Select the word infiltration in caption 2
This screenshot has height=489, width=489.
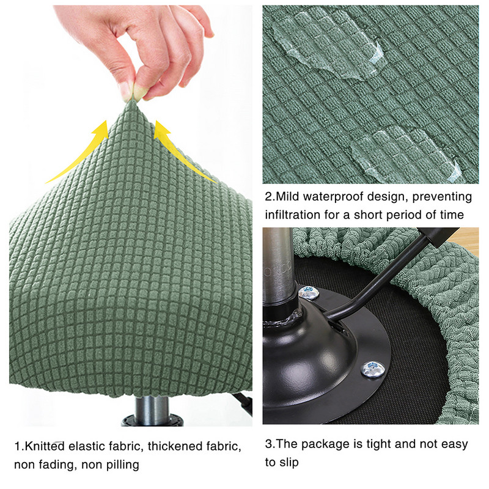pyautogui.click(x=294, y=215)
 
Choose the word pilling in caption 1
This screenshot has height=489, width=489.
pyautogui.click(x=122, y=465)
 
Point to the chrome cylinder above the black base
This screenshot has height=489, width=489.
pyautogui.click(x=278, y=263)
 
